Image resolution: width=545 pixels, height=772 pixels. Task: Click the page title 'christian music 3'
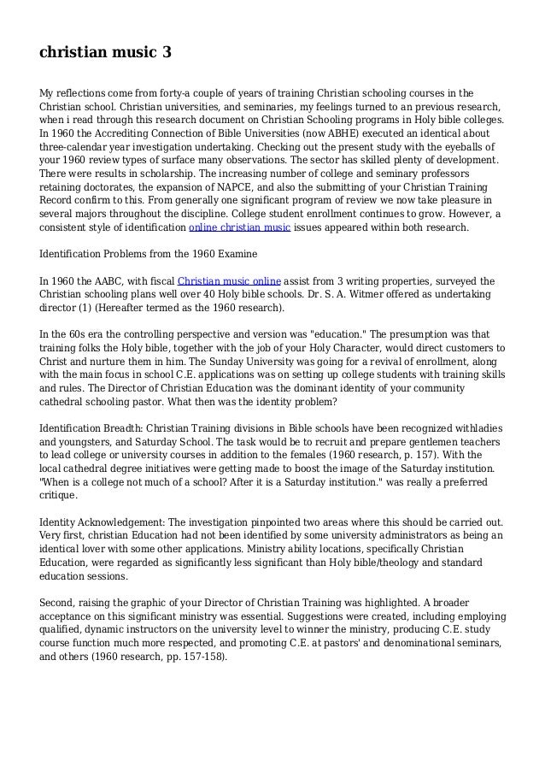click(x=105, y=53)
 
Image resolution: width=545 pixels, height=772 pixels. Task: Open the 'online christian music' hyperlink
click(x=239, y=228)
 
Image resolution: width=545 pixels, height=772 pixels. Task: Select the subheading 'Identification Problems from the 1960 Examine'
click(x=149, y=255)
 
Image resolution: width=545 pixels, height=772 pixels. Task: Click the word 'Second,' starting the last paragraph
click(x=60, y=603)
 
